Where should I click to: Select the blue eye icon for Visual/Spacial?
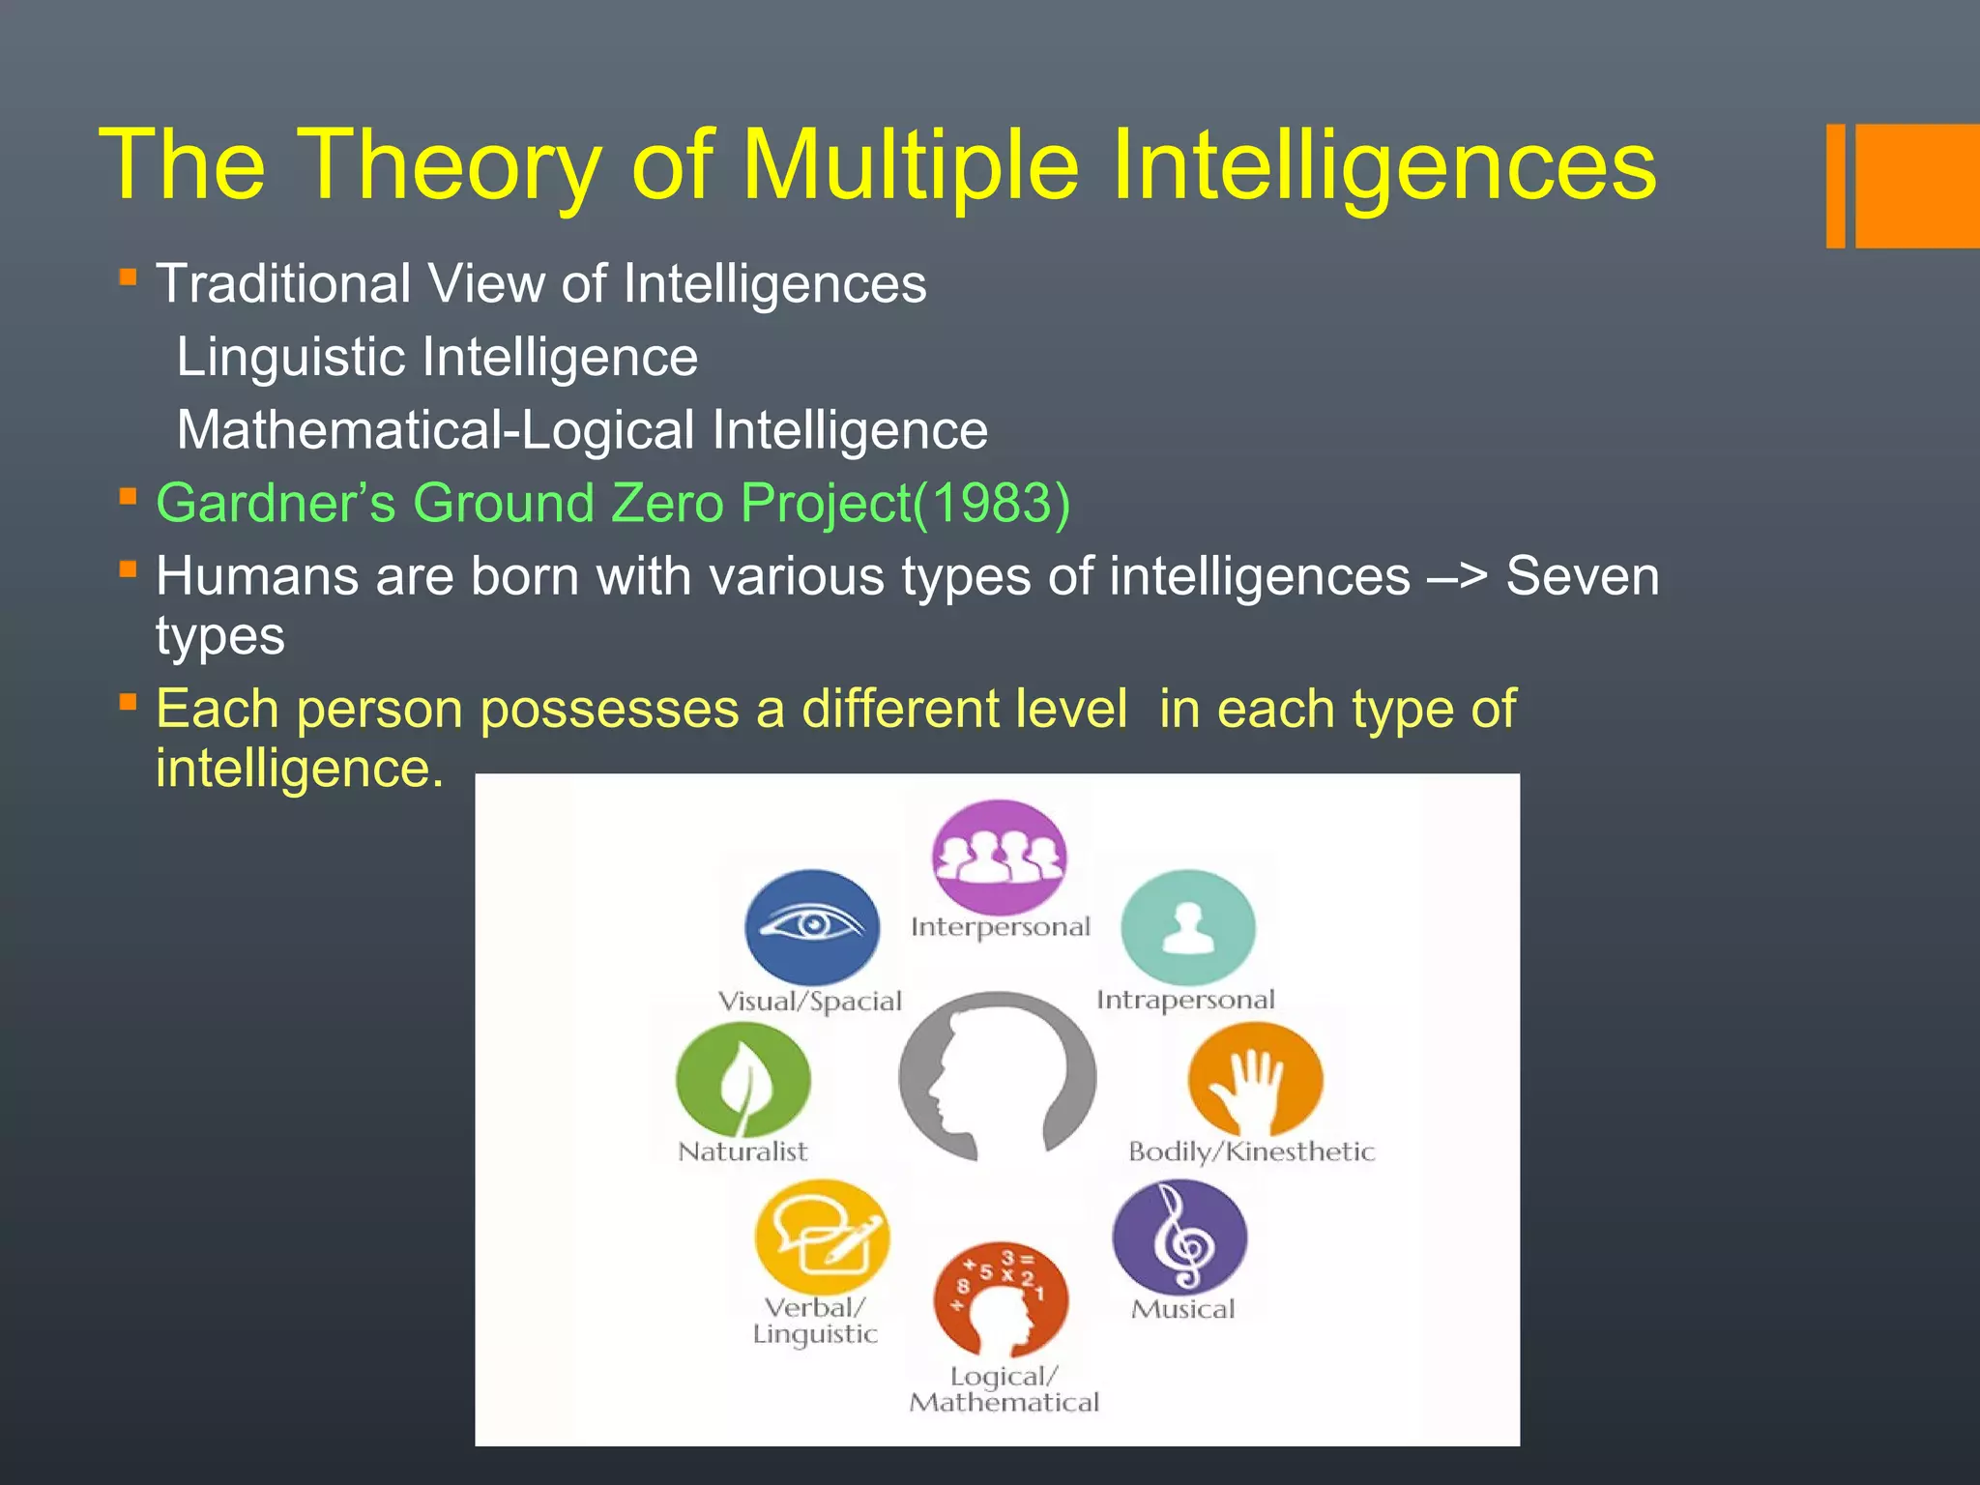[812, 926]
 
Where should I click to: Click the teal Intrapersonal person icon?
[1188, 926]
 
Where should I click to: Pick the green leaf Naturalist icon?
[742, 1079]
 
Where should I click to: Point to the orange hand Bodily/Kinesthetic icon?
[1255, 1079]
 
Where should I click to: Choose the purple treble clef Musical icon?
[1179, 1237]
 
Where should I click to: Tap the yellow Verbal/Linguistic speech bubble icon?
[821, 1237]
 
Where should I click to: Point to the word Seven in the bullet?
[1582, 577]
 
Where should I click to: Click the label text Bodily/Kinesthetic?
[1251, 1151]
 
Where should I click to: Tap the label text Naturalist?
[742, 1151]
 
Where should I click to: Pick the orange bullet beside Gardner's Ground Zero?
[128, 496]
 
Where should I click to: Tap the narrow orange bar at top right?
[1835, 186]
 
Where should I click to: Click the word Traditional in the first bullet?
[283, 284]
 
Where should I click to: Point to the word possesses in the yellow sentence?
[609, 710]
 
